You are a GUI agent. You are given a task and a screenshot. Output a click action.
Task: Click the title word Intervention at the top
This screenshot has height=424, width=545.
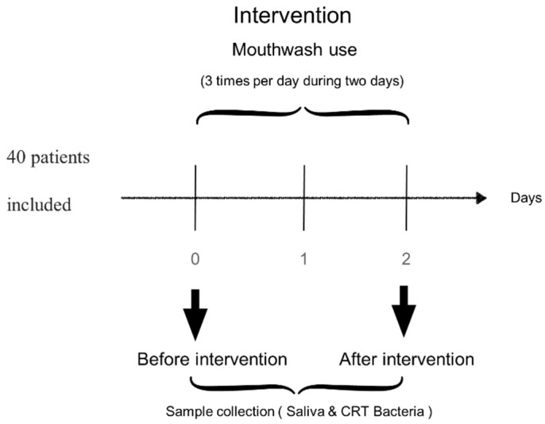pos(292,16)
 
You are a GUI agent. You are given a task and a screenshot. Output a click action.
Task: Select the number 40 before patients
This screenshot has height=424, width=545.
pos(16,157)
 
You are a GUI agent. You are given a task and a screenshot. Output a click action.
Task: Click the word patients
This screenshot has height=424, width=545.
pos(60,158)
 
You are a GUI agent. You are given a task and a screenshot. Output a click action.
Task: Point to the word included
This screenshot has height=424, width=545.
pos(39,204)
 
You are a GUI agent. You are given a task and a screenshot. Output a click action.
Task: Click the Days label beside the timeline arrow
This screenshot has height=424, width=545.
pos(526,199)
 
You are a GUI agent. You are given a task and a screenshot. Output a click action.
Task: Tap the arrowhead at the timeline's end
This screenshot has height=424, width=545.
pos(481,198)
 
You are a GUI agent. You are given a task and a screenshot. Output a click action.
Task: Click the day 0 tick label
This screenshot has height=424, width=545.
pos(195,259)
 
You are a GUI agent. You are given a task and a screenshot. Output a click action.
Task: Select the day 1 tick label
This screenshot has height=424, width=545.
pos(303,259)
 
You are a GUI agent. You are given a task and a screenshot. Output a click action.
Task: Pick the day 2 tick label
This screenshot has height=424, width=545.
pos(406,259)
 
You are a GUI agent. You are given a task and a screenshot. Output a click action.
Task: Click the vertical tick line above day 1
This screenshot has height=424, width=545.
pos(304,198)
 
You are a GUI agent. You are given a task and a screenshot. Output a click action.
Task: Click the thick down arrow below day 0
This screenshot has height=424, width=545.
pos(195,314)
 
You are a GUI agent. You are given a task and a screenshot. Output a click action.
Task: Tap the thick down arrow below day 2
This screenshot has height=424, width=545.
pos(404,311)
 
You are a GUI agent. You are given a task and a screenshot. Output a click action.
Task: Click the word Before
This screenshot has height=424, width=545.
pos(164,359)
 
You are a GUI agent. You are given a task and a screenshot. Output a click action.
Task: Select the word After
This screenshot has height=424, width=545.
pos(359,359)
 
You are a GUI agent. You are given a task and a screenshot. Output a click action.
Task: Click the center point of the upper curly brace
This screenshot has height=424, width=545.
pos(303,108)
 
